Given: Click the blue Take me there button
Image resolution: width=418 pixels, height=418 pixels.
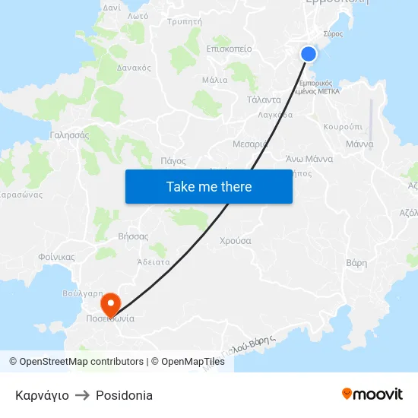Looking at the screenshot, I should (x=209, y=186).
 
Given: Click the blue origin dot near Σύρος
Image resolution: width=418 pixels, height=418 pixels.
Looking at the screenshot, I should (x=308, y=53).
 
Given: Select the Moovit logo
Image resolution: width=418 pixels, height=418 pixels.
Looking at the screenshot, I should (x=372, y=394).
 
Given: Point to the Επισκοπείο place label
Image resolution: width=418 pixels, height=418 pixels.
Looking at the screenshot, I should (x=229, y=49).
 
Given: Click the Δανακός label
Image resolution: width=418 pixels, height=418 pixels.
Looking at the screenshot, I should (x=134, y=68).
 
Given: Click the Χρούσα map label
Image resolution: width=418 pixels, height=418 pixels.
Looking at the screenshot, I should (x=235, y=241).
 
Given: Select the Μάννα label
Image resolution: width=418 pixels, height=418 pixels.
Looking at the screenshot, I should (x=359, y=144).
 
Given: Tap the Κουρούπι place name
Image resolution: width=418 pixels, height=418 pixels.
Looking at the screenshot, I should (x=342, y=127).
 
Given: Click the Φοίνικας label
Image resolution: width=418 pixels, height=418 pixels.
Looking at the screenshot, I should (x=55, y=257).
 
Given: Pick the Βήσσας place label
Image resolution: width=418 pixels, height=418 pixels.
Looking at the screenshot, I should (x=133, y=236).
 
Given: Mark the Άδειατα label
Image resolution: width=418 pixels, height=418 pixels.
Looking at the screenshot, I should (x=153, y=261).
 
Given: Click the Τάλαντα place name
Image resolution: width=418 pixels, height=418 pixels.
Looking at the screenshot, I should (x=264, y=100).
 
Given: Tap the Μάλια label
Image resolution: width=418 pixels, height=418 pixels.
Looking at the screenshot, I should (x=215, y=79).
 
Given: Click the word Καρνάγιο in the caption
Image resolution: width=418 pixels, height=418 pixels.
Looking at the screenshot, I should (x=42, y=395).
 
